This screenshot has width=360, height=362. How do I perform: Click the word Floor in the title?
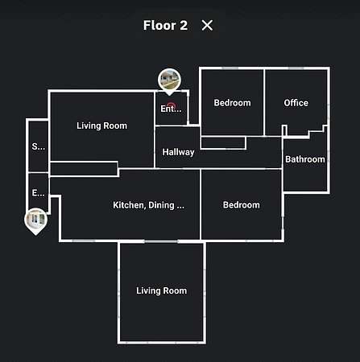click(159, 26)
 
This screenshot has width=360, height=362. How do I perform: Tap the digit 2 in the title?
click(184, 26)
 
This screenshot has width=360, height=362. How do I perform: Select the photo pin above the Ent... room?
click(169, 80)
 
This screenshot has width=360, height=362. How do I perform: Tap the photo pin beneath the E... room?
click(36, 220)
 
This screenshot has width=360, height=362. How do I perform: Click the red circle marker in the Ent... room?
click(172, 105)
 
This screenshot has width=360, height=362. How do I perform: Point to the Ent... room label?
click(171, 109)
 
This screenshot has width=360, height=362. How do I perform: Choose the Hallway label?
click(178, 152)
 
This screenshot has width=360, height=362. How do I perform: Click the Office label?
click(296, 103)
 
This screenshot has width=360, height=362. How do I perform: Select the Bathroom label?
click(305, 159)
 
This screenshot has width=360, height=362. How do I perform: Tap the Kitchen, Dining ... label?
click(148, 205)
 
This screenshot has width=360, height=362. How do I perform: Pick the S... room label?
click(39, 146)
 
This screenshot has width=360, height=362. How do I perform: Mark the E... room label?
click(39, 192)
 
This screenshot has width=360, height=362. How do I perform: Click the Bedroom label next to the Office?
click(232, 103)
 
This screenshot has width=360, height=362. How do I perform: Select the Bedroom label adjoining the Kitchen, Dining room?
click(242, 205)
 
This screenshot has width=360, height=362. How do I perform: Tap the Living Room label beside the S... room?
click(101, 125)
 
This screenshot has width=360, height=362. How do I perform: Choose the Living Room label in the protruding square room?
click(161, 290)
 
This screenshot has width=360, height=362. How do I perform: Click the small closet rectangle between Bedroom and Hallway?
click(223, 142)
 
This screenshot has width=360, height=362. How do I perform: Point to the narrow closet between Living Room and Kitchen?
click(84, 169)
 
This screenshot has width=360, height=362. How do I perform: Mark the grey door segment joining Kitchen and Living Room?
click(161, 241)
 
